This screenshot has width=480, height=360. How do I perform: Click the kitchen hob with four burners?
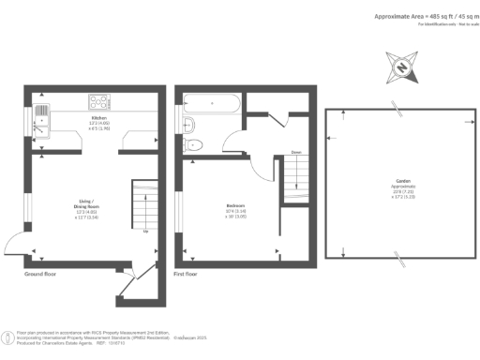point(97,102)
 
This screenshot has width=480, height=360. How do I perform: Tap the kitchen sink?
point(41,115)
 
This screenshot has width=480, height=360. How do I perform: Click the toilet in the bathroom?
point(192,143)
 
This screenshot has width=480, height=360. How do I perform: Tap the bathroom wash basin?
point(189,126)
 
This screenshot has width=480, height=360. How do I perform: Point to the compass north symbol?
point(401,67)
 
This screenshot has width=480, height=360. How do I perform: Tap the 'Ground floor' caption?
point(41,275)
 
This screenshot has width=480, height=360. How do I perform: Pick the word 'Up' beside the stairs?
point(145,231)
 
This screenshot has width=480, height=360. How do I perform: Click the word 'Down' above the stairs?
point(294,152)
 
